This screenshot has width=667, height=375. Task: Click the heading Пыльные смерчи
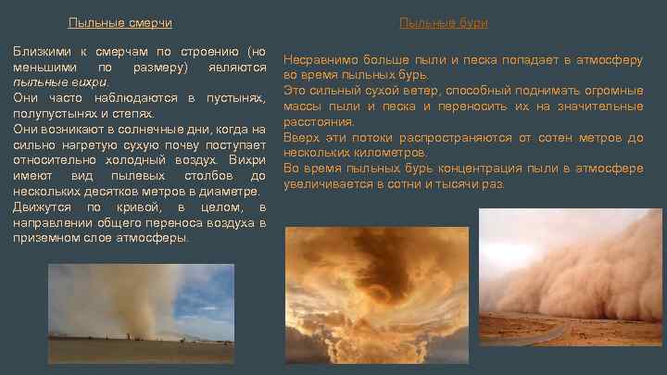pos(120,23)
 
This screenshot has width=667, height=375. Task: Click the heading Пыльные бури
pos(443,23)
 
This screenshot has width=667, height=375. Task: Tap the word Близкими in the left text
pos(41,50)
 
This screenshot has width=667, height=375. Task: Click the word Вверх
pos(300,138)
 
